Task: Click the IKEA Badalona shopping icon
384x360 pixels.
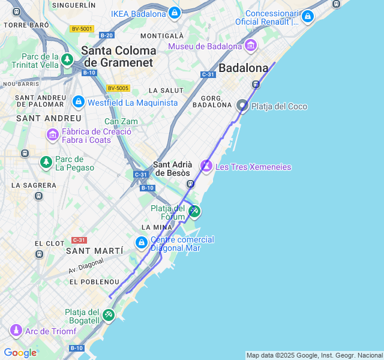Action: pos(174,13)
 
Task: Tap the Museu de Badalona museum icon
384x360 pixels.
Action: pos(251,46)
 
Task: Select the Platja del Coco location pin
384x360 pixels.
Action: pos(242,106)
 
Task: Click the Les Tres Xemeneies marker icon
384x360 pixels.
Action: pos(206,165)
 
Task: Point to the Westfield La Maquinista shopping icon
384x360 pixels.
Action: pos(78,102)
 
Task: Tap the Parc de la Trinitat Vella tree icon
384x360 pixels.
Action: pos(67,59)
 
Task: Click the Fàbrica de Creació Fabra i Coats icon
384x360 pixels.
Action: pos(52,135)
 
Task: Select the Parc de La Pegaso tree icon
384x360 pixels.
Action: pos(46,161)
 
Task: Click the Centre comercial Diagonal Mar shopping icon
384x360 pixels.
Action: pos(141,242)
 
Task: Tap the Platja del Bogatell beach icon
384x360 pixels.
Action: pos(108,314)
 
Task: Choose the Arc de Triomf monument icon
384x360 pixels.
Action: pos(16,331)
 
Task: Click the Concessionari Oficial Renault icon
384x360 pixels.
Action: pos(308,16)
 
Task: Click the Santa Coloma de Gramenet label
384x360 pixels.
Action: pos(119,56)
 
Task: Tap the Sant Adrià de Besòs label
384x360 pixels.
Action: pos(173,169)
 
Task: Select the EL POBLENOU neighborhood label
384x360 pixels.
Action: pos(94,281)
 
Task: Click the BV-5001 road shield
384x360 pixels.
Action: pos(82,28)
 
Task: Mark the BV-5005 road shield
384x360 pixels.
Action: pos(118,88)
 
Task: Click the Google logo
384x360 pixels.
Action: pos(20,353)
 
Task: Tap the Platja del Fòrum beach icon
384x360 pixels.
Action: pos(194,211)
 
